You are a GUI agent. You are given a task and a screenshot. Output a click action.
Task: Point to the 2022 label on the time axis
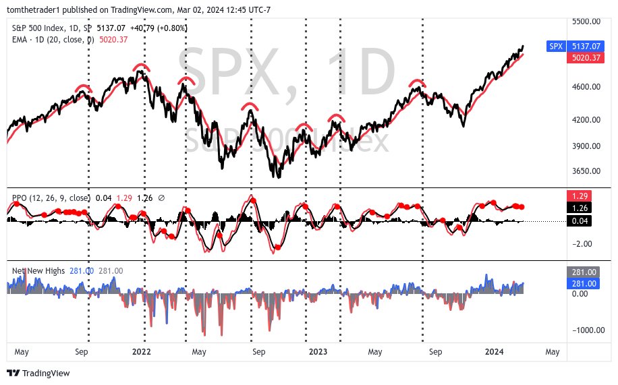coord(141,352)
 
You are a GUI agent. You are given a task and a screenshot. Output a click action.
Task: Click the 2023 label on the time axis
coord(318,352)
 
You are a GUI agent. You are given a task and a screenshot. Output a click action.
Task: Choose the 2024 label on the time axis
coord(495,352)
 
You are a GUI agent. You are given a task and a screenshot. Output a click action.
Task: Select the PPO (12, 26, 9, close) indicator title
coord(51,198)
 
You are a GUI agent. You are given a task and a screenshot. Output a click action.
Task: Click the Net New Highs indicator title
coord(38,271)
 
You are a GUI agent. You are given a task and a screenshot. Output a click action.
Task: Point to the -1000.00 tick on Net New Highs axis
coord(584,330)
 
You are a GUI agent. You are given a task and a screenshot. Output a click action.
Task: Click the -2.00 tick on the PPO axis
coord(582,244)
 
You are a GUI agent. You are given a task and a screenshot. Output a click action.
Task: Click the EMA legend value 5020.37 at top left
coord(113,40)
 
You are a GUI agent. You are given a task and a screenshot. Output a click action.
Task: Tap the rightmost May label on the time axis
coord(552,352)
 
